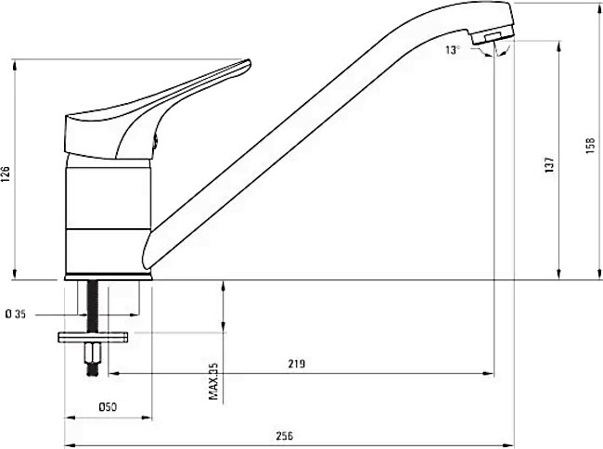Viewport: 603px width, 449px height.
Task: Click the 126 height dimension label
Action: [x=6, y=173]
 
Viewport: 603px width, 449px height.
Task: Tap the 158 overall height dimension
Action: [x=590, y=146]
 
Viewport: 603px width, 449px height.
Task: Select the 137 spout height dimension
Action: [x=550, y=164]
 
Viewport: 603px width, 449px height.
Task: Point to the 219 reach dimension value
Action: [x=297, y=364]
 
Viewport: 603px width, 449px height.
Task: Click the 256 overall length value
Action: [x=285, y=436]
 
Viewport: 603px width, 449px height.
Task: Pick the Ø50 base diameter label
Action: [x=108, y=406]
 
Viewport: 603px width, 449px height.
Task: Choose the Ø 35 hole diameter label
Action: [x=16, y=314]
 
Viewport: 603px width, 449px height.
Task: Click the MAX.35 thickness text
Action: [x=213, y=381]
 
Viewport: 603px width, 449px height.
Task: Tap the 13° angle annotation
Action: [x=453, y=50]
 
